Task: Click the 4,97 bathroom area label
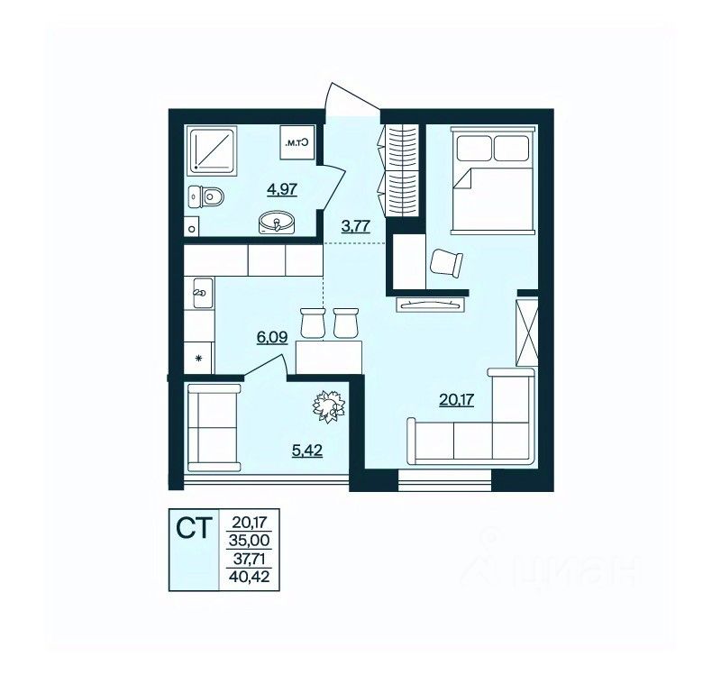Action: [282, 189]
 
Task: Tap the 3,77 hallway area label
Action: [356, 226]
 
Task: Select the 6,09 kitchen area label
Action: [272, 338]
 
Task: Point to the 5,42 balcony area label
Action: [307, 451]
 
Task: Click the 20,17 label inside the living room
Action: [457, 400]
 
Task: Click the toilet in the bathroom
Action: [206, 197]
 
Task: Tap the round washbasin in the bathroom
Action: [276, 223]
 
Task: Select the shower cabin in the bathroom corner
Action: [212, 150]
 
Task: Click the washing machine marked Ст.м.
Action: [298, 143]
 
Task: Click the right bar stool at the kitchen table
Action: [346, 323]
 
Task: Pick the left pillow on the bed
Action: [474, 149]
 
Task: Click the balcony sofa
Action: [214, 428]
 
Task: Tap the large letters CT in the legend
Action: [194, 528]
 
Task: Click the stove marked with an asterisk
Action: [198, 358]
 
